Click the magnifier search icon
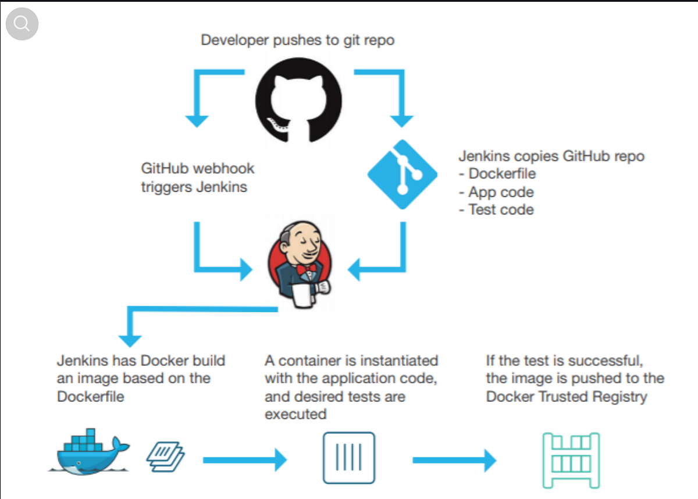(22, 24)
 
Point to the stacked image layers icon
(165, 455)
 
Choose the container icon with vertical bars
(349, 457)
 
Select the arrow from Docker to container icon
(245, 460)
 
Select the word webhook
(223, 169)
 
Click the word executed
(295, 415)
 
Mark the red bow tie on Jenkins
(306, 269)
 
